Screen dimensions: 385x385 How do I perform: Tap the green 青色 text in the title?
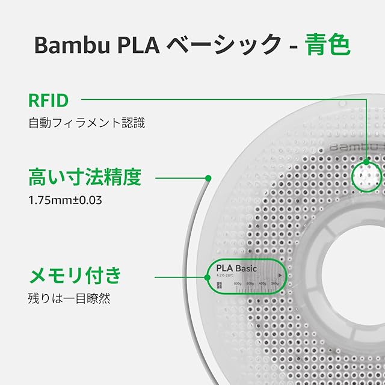pyautogui.click(x=328, y=45)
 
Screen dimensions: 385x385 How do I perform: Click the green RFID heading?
pyautogui.click(x=49, y=99)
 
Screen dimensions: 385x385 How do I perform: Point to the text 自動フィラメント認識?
pyautogui.click(x=87, y=123)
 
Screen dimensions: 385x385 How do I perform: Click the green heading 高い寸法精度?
pyautogui.click(x=85, y=177)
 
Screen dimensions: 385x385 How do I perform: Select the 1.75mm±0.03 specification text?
pyautogui.click(x=65, y=200)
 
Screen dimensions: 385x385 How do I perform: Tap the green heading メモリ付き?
pyautogui.click(x=75, y=276)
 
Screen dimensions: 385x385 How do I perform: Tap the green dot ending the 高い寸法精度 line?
pyautogui.click(x=208, y=178)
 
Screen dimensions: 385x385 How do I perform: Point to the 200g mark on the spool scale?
pyautogui.click(x=275, y=283)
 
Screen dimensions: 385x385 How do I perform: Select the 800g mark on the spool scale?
pyautogui.click(x=238, y=283)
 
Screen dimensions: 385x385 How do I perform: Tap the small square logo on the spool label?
pyautogui.click(x=218, y=285)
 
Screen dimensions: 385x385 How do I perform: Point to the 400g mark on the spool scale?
pyautogui.click(x=263, y=283)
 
